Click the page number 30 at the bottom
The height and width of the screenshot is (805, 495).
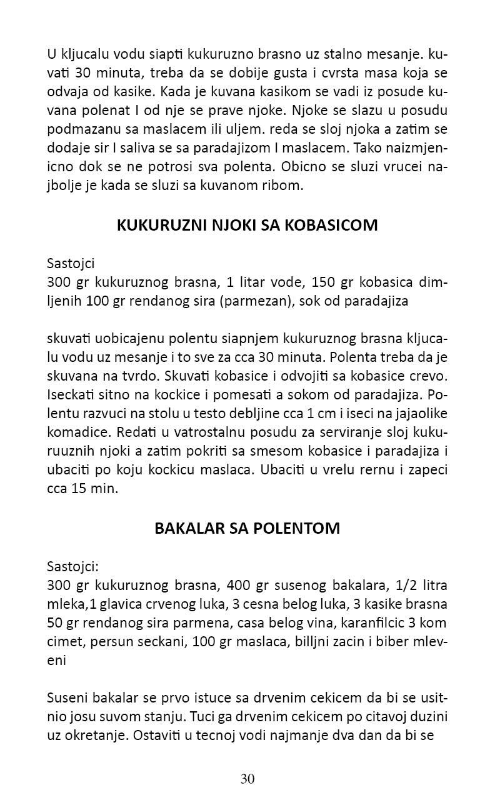click(247, 779)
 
